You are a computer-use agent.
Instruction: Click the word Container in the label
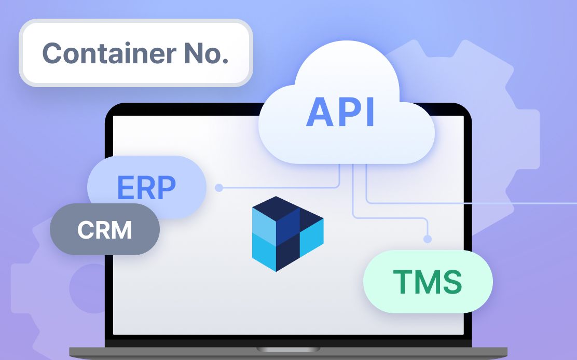(x=109, y=53)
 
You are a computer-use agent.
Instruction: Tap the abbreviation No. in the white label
(x=207, y=53)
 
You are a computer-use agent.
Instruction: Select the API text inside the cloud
(x=340, y=112)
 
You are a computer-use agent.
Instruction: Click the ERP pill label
(x=147, y=187)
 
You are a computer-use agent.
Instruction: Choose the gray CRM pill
(x=105, y=229)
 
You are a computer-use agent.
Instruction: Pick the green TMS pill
(x=428, y=282)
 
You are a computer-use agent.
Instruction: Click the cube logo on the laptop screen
(x=288, y=234)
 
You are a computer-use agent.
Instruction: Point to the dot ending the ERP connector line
(x=219, y=188)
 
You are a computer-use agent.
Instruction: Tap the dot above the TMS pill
(x=427, y=239)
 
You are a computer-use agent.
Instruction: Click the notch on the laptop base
(x=288, y=349)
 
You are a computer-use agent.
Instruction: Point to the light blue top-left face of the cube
(x=264, y=227)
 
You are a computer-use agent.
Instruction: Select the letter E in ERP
(x=125, y=187)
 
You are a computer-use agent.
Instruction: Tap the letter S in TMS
(x=452, y=282)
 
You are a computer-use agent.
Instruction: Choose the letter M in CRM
(x=121, y=230)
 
